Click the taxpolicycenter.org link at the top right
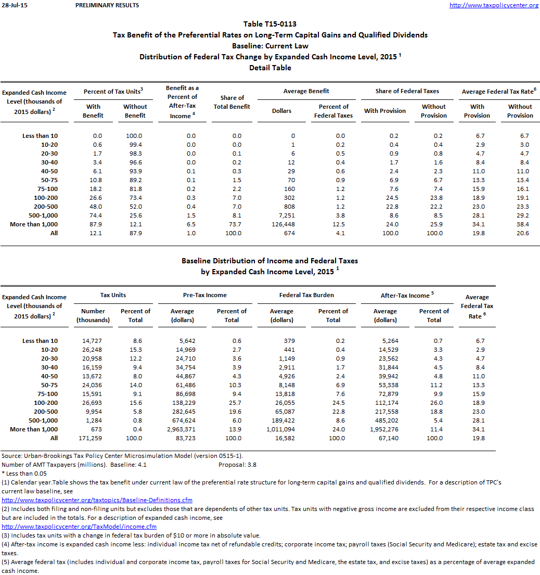tap(494, 5)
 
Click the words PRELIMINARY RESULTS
tap(107, 5)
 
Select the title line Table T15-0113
tap(270, 24)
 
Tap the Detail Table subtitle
tap(270, 68)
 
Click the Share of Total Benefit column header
tap(232, 102)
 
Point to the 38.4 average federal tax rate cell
tap(520, 224)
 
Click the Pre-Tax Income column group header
tap(205, 295)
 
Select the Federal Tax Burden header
tap(306, 295)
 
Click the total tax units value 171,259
tap(93, 438)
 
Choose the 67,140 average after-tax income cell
tap(385, 438)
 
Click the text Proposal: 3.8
tap(237, 465)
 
